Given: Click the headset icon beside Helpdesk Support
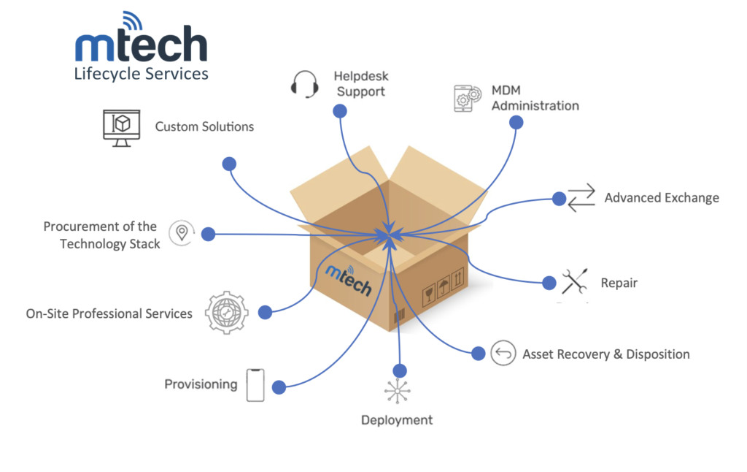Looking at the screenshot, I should click(304, 84).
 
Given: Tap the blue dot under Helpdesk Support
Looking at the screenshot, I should click(339, 111).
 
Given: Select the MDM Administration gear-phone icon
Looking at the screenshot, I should click(468, 99).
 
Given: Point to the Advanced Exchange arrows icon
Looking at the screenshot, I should click(581, 198).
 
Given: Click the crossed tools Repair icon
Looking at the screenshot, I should click(575, 282).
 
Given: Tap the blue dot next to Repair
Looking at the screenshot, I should click(549, 282).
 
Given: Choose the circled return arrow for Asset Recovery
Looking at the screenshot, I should click(503, 354).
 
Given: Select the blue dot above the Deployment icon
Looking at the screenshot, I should click(398, 370).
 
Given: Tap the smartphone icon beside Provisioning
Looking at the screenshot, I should click(255, 385).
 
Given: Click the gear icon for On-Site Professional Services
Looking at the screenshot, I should click(226, 313).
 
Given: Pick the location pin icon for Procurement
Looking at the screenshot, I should click(182, 233).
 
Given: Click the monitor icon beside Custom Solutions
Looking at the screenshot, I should click(121, 127).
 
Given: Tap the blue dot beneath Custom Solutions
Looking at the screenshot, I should click(229, 164).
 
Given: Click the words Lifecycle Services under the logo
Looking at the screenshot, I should click(141, 74).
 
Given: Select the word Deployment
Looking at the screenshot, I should click(397, 420).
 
